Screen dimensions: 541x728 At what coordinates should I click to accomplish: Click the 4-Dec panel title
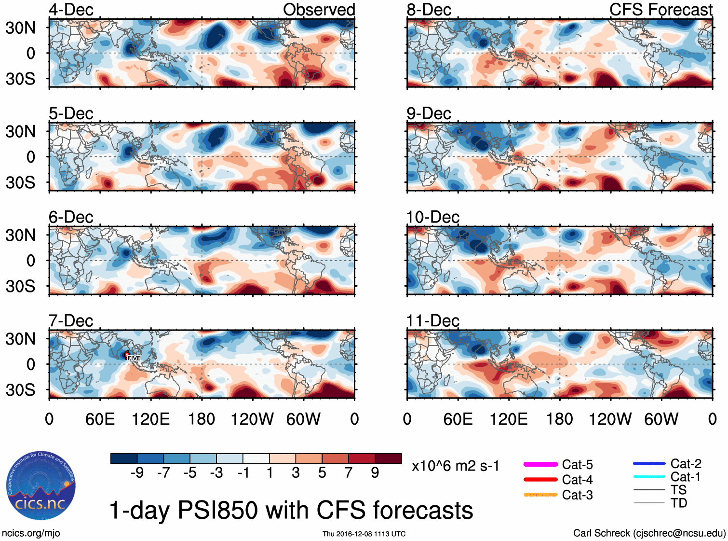point(71,10)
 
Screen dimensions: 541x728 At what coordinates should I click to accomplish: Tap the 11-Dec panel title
point(432,321)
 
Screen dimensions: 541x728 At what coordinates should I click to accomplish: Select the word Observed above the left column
point(319,10)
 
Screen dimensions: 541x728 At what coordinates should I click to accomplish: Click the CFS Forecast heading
point(661,10)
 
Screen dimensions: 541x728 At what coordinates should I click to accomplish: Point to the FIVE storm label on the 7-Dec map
point(134,358)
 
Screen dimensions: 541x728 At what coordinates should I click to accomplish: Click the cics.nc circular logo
point(41,486)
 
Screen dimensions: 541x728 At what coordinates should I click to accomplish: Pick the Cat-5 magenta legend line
point(540,464)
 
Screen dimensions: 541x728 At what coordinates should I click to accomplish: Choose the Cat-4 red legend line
point(540,480)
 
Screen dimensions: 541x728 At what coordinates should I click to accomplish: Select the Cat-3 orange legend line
point(540,495)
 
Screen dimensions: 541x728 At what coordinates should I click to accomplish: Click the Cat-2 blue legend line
point(649,464)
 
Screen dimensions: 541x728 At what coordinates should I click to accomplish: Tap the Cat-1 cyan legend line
point(649,477)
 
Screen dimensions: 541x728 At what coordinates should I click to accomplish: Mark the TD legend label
point(678,503)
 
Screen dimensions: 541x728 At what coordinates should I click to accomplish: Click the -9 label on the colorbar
point(137,473)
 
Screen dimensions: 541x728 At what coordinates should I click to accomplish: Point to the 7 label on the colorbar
point(349,473)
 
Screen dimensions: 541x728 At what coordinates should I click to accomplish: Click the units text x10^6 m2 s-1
point(455,466)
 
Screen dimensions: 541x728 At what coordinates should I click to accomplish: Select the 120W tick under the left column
point(252,419)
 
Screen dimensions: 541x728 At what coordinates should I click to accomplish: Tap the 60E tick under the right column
point(458,419)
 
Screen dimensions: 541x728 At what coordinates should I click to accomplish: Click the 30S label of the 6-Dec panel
point(20,286)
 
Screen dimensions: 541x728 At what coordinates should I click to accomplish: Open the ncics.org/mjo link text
point(31,533)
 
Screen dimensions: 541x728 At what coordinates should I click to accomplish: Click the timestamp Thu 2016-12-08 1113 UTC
point(364,534)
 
